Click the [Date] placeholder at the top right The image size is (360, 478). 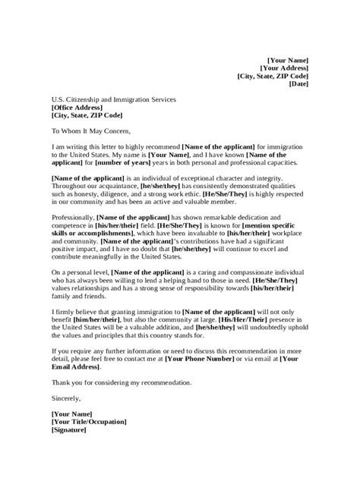[298, 84]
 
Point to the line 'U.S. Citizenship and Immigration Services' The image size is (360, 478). [114, 99]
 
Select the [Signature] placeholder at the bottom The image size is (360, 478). [69, 429]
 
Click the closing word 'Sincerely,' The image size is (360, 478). [65, 398]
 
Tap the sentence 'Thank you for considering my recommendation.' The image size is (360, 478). [122, 382]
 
